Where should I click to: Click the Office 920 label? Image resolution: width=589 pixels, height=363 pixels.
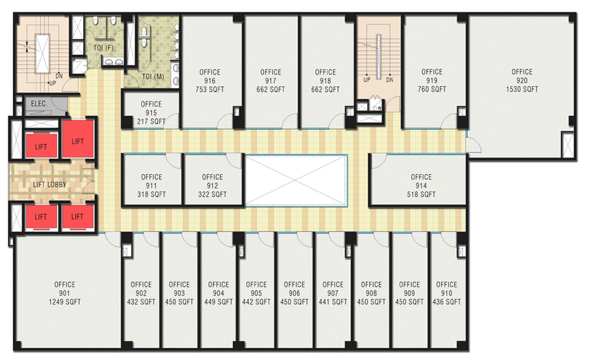[x=522, y=76]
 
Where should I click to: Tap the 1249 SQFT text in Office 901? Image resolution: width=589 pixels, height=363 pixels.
[x=65, y=302]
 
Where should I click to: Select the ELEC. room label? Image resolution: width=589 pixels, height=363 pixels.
[x=39, y=103]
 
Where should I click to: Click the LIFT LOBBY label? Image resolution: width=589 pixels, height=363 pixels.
[x=50, y=184]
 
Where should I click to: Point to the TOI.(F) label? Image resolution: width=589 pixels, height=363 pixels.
[x=103, y=48]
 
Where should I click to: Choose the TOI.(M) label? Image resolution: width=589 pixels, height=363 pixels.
[x=153, y=77]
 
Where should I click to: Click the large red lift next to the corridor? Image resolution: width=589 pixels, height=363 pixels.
[x=78, y=139]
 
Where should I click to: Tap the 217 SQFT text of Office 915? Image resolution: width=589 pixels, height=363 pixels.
[x=151, y=121]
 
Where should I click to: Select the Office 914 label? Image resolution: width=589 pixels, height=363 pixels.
[x=421, y=181]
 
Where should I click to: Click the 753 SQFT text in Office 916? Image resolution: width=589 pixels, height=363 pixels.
[x=209, y=90]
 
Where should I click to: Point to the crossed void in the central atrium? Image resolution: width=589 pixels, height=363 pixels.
[x=296, y=180]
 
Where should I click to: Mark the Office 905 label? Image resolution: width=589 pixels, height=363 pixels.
[x=256, y=288]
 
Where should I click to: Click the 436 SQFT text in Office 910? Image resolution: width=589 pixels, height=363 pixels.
[x=446, y=302]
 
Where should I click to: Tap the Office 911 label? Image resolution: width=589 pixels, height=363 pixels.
[x=151, y=181]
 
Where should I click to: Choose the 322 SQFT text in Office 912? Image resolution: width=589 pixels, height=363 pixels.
[x=212, y=194]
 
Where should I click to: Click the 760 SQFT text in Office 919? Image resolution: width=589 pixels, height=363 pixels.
[x=432, y=89]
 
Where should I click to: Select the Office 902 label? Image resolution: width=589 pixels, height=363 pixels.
[x=141, y=288]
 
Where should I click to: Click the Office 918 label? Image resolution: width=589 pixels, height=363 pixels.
[x=325, y=77]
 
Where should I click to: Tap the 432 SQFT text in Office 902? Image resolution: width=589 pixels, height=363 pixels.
[x=141, y=302]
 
